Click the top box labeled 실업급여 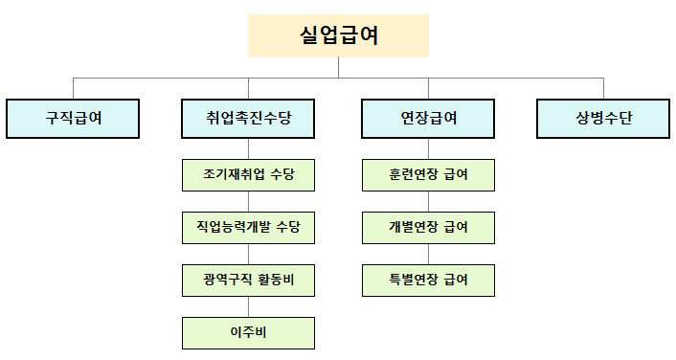(338, 35)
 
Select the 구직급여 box (73, 119)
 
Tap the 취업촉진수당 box (248, 119)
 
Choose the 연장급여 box (428, 119)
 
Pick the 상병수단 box (603, 119)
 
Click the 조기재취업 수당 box (248, 175)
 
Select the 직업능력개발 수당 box (248, 228)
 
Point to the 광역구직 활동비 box (248, 281)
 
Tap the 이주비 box (248, 333)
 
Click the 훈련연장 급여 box (428, 175)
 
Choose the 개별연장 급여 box (428, 228)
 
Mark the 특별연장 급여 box (428, 281)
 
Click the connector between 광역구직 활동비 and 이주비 (248, 306)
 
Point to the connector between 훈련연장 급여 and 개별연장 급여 (428, 201)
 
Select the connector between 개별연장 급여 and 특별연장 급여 (428, 254)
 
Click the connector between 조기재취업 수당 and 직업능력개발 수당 (248, 201)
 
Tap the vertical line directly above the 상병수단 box (603, 88)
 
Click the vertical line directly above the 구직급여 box (73, 88)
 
